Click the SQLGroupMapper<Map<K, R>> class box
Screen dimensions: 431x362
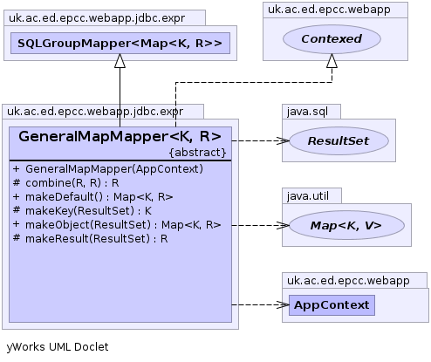pyautogui.click(x=120, y=44)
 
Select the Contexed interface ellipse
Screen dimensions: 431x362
pyautogui.click(x=332, y=39)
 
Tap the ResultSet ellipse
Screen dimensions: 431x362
pyautogui.click(x=339, y=140)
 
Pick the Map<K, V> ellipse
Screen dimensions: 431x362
pyautogui.click(x=346, y=225)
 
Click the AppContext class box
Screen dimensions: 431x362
pyautogui.click(x=332, y=305)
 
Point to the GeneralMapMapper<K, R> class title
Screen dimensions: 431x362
pyautogui.click(x=120, y=136)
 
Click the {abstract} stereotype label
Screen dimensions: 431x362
pyautogui.click(x=198, y=153)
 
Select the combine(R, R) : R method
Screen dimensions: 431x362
pyautogui.click(x=66, y=183)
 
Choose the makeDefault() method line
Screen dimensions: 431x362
pyautogui.click(x=93, y=197)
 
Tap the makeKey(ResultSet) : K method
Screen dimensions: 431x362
pyautogui.click(x=82, y=211)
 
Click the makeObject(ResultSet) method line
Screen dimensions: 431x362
pyautogui.click(x=117, y=225)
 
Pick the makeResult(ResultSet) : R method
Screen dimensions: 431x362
pyautogui.click(x=91, y=239)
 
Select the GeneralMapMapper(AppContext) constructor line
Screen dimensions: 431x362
pyautogui.click(x=108, y=169)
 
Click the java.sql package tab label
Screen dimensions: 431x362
pyautogui.click(x=307, y=112)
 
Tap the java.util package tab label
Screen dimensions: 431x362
pyautogui.click(x=308, y=196)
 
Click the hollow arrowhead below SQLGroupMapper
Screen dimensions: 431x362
pyautogui.click(x=120, y=61)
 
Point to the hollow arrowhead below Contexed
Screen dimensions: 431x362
pyautogui.click(x=332, y=61)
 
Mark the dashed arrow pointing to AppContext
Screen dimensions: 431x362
pyautogui.click(x=261, y=305)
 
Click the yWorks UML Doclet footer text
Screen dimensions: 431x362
pyautogui.click(x=58, y=347)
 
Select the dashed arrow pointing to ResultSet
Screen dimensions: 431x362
pyautogui.click(x=261, y=141)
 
